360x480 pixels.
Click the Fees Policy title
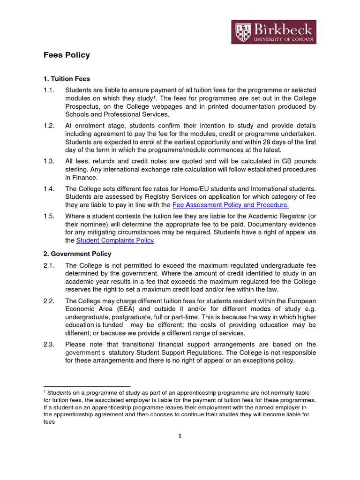(x=67, y=55)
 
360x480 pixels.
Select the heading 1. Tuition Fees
(x=67, y=79)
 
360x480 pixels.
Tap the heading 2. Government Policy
(x=77, y=254)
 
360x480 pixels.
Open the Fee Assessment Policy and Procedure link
(x=231, y=205)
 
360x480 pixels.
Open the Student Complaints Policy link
(x=115, y=240)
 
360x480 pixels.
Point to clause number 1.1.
(x=49, y=90)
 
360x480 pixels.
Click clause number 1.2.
(x=49, y=126)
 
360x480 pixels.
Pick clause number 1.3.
(x=49, y=161)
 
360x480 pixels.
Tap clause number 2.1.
(x=49, y=265)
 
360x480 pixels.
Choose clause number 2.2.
(x=49, y=300)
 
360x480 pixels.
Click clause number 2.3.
(x=49, y=345)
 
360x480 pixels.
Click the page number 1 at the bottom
(x=180, y=435)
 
